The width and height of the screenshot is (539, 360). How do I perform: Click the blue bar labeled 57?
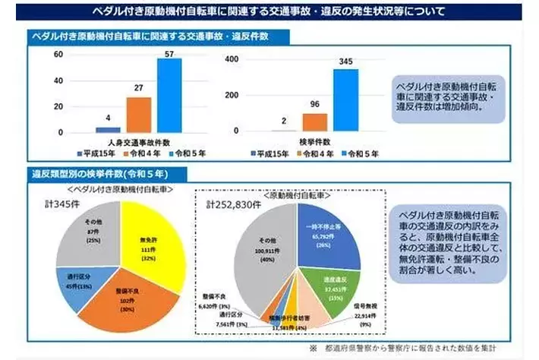(x=169, y=96)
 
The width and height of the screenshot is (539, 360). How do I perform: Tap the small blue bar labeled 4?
(x=108, y=130)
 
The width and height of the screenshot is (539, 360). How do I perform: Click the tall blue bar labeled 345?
(x=345, y=102)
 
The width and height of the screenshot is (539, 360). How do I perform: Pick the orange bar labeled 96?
(x=314, y=123)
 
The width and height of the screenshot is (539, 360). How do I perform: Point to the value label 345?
(x=345, y=62)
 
